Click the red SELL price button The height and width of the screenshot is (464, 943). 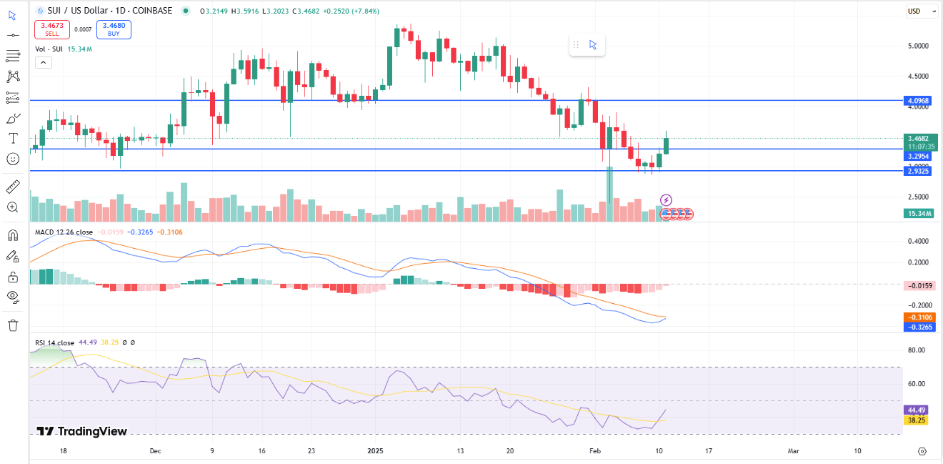click(52, 29)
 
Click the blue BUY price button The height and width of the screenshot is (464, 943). click(113, 29)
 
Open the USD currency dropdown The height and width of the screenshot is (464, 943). click(917, 11)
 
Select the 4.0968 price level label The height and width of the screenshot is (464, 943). click(917, 101)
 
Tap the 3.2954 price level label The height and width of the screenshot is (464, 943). click(917, 156)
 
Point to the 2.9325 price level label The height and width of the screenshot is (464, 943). click(917, 171)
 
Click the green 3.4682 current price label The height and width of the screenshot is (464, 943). click(917, 138)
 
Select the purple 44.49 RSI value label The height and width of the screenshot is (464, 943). click(916, 410)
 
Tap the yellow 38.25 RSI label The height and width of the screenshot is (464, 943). click(916, 420)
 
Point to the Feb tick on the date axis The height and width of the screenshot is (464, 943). click(595, 451)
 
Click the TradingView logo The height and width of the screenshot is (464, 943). click(81, 431)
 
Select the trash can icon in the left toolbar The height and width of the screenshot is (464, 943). click(13, 325)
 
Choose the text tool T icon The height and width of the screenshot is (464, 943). click(13, 138)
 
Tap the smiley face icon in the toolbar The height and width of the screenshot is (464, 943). click(13, 159)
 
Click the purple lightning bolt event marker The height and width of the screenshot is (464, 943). click(666, 199)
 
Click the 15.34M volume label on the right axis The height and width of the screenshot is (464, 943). click(917, 213)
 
